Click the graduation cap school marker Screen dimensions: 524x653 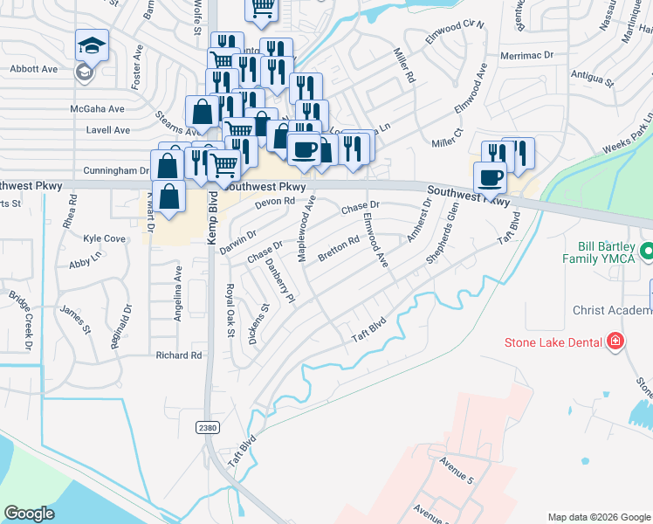point(92,45)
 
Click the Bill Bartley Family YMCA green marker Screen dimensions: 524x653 point(646,252)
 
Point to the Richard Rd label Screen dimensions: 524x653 point(178,355)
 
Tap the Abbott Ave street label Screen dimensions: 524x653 point(32,69)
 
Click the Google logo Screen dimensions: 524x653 point(30,514)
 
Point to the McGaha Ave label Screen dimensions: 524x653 point(98,109)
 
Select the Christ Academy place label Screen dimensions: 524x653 point(612,310)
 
